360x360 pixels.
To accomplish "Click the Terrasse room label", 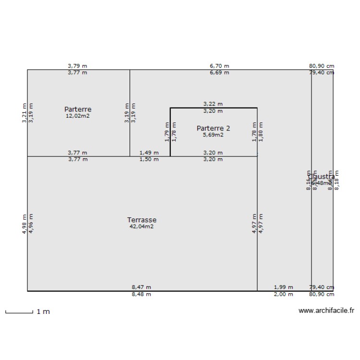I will click(x=142, y=220).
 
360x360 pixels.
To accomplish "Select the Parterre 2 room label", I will click(x=213, y=128).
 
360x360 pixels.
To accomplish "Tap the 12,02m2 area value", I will click(x=78, y=116).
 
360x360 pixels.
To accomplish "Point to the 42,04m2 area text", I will click(x=142, y=227).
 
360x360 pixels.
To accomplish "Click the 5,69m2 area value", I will click(x=213, y=135).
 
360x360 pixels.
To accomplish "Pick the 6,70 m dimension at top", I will click(x=219, y=66).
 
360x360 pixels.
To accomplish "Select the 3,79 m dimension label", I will click(x=78, y=66).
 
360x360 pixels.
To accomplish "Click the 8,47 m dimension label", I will click(x=141, y=287).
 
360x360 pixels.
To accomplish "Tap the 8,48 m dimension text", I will click(x=141, y=294).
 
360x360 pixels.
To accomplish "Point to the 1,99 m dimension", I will click(x=283, y=287).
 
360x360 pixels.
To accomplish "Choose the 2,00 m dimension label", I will click(x=283, y=294).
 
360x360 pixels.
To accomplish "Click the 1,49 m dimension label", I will click(x=149, y=153).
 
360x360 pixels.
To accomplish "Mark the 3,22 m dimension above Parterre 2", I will click(x=213, y=104).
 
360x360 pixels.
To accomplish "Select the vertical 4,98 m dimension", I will click(x=24, y=224).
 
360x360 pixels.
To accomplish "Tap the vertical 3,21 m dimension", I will click(x=24, y=113).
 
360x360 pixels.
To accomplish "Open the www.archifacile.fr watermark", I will click(x=326, y=311).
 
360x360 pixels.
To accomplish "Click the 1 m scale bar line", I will click(x=19, y=312).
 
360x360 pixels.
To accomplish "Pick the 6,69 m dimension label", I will click(x=219, y=73).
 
